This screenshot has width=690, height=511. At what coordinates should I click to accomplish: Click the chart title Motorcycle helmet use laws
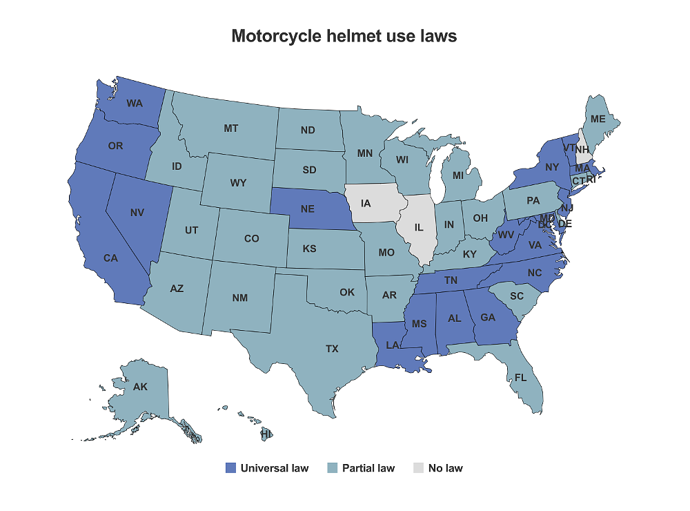344,36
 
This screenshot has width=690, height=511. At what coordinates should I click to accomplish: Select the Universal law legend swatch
231,468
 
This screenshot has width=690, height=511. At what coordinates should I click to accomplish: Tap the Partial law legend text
368,468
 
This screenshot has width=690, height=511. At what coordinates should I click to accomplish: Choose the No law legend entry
445,468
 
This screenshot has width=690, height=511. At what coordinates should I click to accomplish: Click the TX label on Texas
332,349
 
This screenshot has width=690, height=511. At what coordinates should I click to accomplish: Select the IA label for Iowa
366,203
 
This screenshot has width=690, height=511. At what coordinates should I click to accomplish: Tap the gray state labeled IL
419,226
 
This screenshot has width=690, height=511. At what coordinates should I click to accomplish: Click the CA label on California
110,258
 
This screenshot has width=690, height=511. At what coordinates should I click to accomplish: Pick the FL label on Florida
520,378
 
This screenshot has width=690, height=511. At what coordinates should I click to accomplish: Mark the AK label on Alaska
140,387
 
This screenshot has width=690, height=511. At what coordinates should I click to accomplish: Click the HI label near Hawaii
266,434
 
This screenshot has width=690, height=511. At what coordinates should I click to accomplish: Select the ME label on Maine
598,119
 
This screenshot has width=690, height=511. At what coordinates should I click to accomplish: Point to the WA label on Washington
135,104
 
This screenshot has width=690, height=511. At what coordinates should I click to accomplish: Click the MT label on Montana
231,128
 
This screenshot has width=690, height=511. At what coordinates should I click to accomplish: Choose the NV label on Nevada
137,213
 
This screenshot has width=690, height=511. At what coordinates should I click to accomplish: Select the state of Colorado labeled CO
251,239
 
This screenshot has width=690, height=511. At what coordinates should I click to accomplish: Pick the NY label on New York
551,167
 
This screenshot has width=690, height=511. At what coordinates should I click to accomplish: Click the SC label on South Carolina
517,296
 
